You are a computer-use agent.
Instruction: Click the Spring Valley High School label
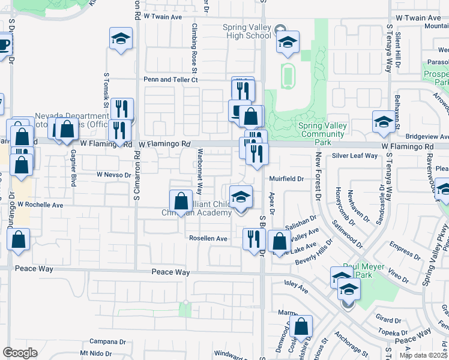[x=246, y=31]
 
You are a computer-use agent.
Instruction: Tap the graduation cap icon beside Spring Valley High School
[x=288, y=42]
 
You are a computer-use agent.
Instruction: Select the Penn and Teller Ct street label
[x=170, y=79]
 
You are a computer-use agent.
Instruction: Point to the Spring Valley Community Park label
[x=322, y=130]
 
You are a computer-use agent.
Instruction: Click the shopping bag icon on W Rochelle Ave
[x=181, y=202]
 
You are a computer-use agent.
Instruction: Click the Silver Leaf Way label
[x=355, y=155]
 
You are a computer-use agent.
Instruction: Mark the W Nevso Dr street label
[x=113, y=175]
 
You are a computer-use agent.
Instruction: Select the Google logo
[x=20, y=353]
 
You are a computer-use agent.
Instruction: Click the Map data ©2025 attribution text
[x=423, y=355]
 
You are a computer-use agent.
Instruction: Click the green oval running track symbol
[x=288, y=76]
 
